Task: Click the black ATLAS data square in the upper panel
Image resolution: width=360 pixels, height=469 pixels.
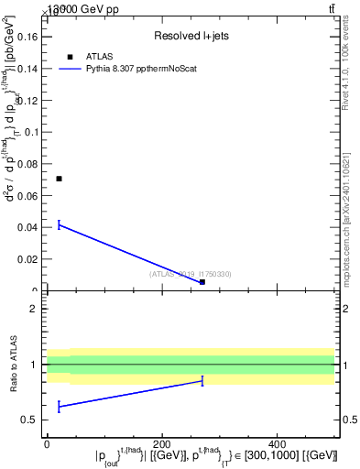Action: click(x=59, y=179)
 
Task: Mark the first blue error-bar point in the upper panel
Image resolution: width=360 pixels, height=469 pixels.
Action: click(x=59, y=224)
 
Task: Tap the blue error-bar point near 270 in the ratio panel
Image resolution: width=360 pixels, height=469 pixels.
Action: click(x=202, y=380)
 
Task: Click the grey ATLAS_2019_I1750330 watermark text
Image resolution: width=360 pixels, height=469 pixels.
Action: click(x=191, y=274)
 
